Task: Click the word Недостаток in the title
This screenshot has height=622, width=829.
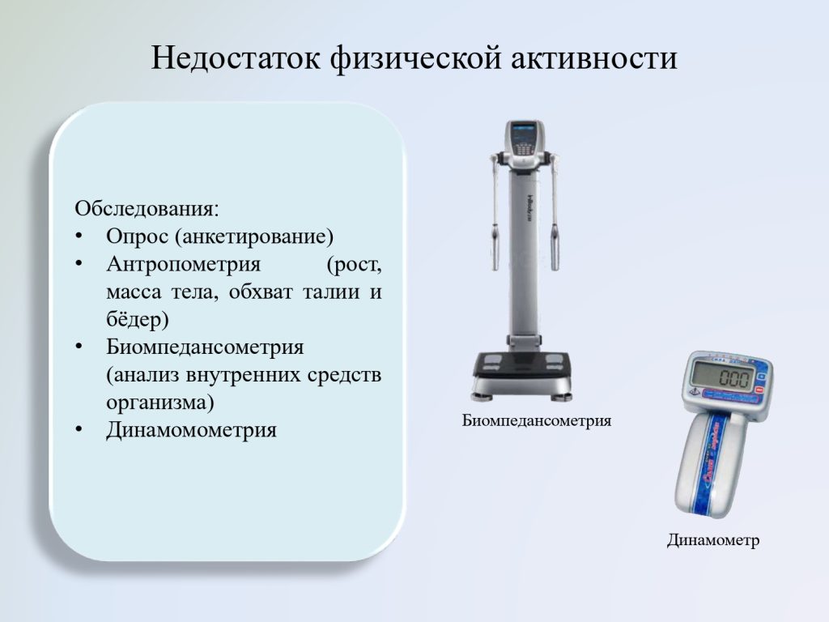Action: point(236,58)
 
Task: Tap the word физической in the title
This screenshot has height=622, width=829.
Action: point(415,58)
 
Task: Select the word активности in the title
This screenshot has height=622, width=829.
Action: point(594,58)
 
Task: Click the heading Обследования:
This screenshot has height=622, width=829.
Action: point(147,209)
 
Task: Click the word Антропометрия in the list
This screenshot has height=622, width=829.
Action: point(184,263)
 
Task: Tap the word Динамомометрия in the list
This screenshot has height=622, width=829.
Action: point(191,429)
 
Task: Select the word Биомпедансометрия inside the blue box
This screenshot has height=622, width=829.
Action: point(205,347)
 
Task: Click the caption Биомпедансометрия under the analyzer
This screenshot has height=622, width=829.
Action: point(537,421)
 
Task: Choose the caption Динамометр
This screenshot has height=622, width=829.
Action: point(712,540)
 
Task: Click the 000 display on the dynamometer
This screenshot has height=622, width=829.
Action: point(734,379)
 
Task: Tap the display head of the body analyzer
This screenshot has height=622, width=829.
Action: point(525,139)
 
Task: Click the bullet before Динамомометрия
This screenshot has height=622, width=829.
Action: point(79,429)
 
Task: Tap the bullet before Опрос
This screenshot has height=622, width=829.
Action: point(79,236)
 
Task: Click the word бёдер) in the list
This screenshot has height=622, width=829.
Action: point(138,319)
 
